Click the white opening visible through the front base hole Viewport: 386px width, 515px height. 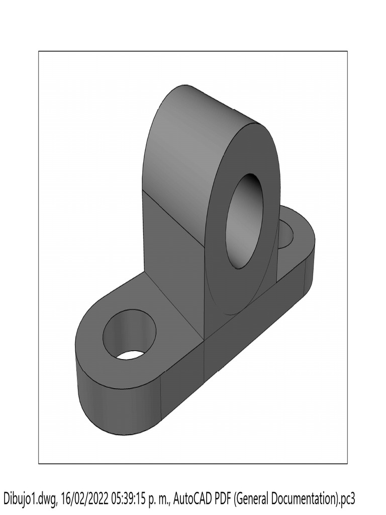(x=131, y=355)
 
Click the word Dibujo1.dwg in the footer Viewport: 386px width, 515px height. (x=31, y=499)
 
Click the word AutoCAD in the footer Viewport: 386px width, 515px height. (x=195, y=499)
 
